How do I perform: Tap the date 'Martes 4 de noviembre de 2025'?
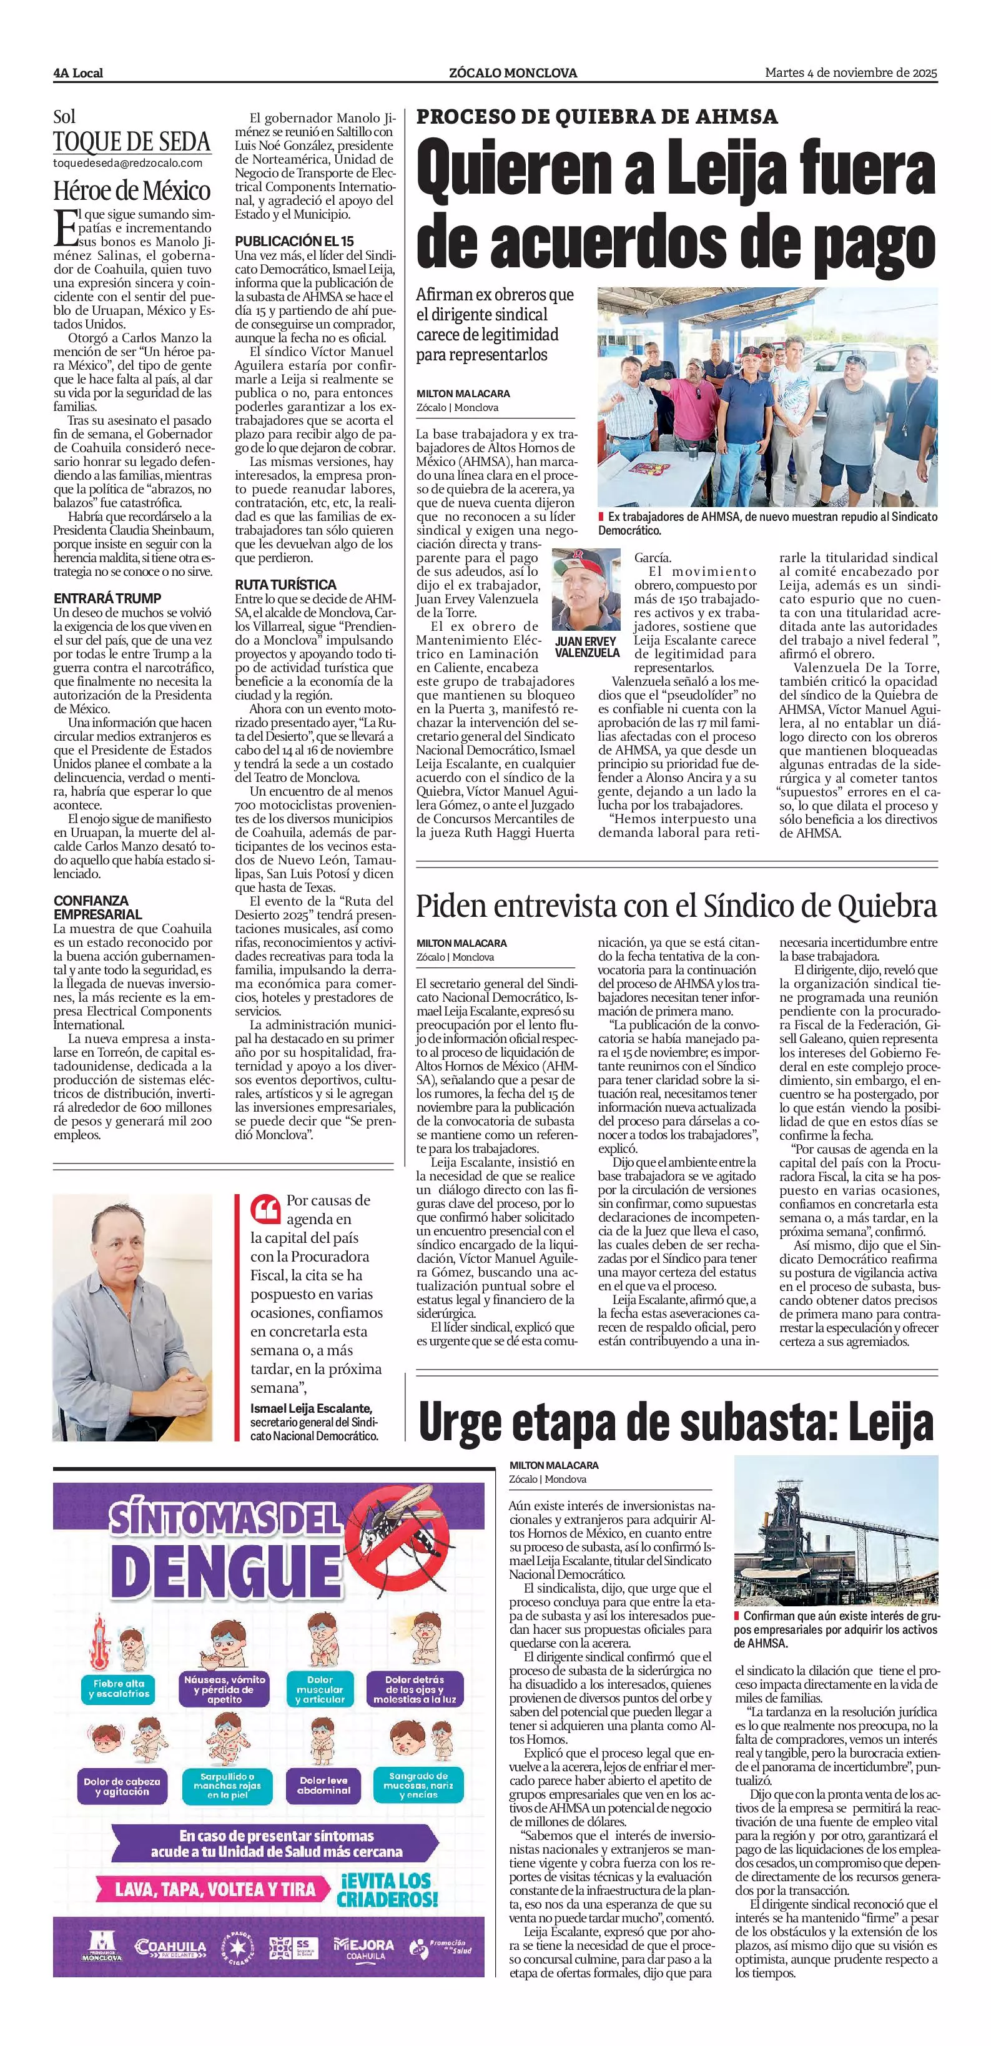point(850,73)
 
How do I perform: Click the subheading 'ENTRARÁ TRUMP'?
point(107,598)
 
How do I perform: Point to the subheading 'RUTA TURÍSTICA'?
point(285,585)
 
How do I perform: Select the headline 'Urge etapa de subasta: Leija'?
point(676,1423)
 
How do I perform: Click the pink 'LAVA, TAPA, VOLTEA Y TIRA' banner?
point(215,1889)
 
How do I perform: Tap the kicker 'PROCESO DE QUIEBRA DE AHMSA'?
point(597,117)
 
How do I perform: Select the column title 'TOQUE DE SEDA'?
point(132,142)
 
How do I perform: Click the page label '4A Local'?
point(79,73)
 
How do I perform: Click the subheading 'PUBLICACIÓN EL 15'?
point(294,240)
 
